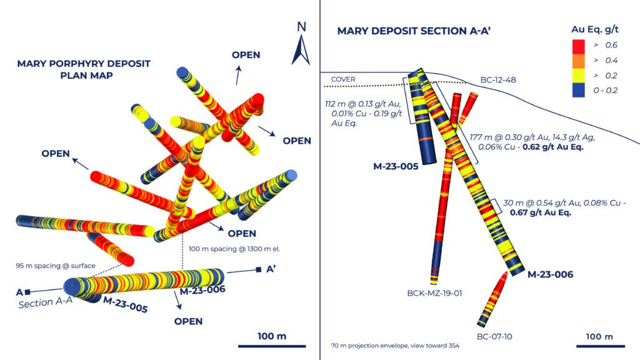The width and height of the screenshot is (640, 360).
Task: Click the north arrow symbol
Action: [301, 50]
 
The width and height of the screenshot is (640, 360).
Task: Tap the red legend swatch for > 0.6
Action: [578, 46]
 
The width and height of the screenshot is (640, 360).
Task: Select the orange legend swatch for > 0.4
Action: [578, 61]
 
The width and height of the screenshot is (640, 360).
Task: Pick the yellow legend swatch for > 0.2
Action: [578, 76]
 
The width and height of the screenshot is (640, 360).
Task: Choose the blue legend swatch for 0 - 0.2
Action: [578, 90]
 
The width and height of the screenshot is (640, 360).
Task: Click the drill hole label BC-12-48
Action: [498, 80]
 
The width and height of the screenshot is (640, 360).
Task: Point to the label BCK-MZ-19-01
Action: [434, 293]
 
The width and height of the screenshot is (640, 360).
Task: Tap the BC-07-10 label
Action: [494, 337]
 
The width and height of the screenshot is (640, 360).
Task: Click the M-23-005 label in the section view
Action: [396, 166]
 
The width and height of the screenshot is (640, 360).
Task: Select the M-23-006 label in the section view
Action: [550, 274]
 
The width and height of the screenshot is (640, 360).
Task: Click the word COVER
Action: [343, 79]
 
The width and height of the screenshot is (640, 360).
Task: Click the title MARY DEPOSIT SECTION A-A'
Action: [414, 31]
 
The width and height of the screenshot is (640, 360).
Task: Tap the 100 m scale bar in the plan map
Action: [272, 346]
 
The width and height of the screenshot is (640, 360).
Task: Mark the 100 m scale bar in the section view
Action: [601, 346]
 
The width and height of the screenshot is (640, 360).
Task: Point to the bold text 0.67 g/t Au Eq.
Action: [541, 212]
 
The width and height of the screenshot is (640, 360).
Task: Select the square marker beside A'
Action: [258, 269]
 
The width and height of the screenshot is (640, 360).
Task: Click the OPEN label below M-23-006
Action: [188, 322]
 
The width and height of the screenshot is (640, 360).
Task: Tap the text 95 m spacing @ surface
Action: [56, 266]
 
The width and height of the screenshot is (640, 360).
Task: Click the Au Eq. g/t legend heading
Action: [595, 29]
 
